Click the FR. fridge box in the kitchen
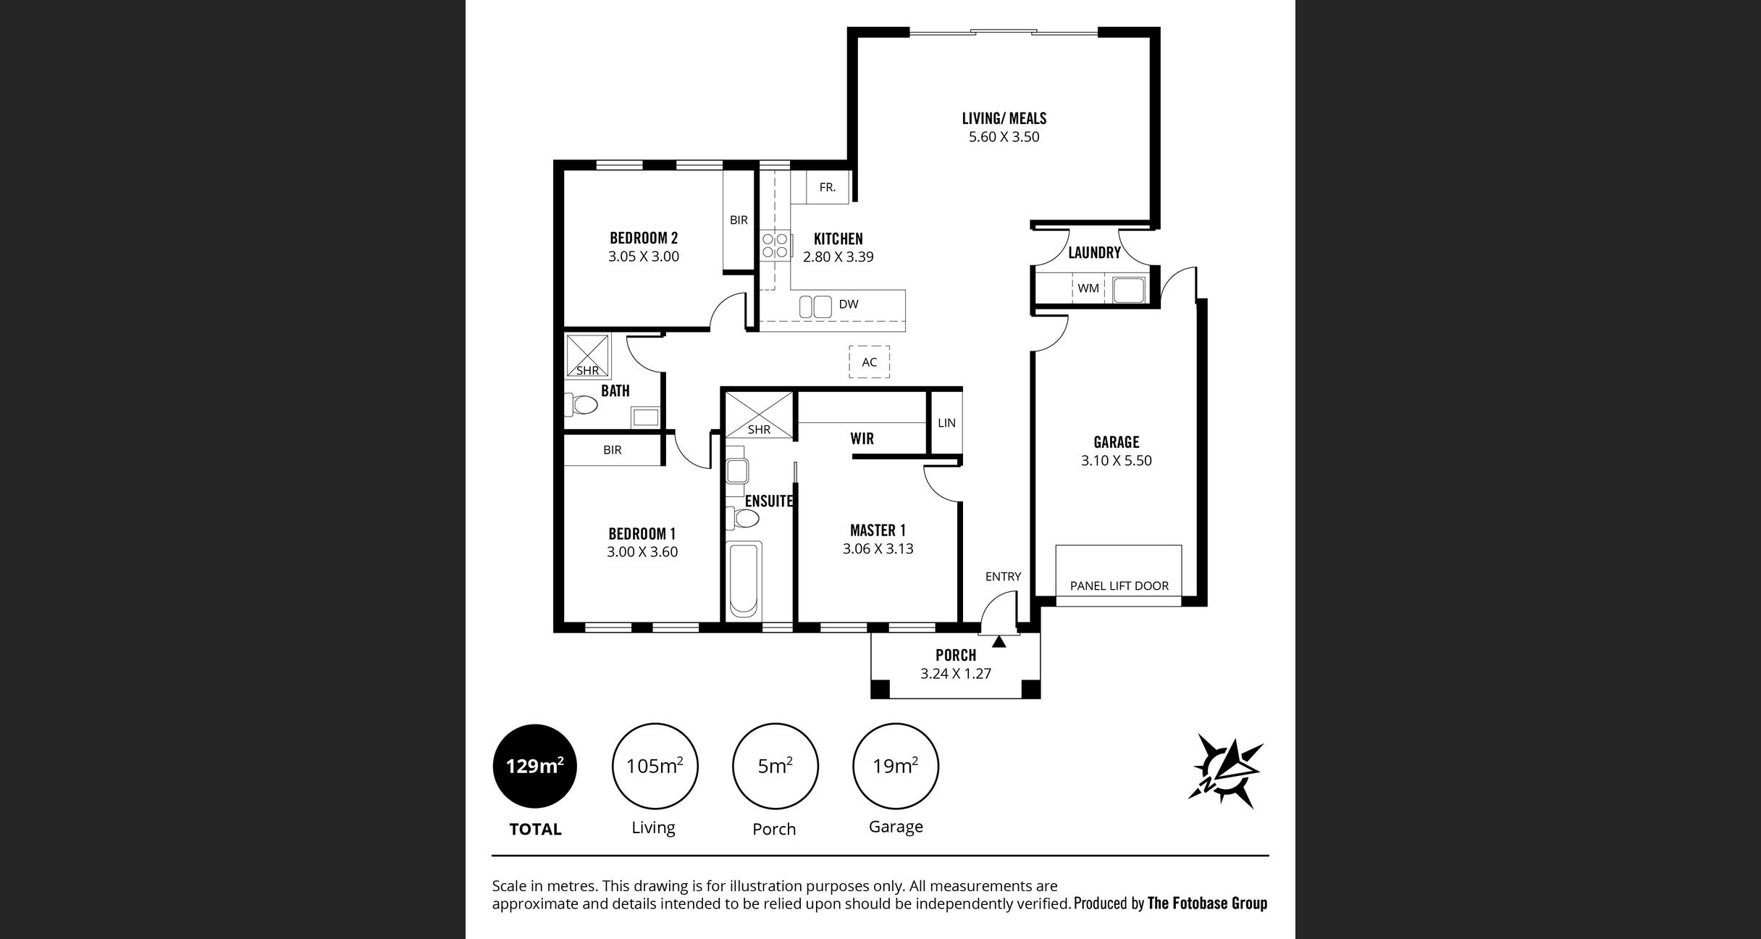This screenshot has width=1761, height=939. point(828,187)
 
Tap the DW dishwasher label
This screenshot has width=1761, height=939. point(849,304)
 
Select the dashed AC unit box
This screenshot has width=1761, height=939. point(869,362)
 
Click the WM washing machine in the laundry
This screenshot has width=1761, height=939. point(1088,288)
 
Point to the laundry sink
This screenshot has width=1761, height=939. point(1128,290)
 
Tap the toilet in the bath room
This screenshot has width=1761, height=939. point(581,404)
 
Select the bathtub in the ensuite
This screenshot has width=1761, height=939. point(744,580)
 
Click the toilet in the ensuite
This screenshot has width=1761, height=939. point(743,518)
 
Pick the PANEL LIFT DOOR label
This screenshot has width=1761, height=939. point(1119,585)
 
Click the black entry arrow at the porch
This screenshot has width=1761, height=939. point(999,641)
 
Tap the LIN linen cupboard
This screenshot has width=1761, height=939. point(946,422)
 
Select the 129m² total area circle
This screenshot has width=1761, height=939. point(535,766)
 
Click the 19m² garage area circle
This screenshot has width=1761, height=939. point(895,766)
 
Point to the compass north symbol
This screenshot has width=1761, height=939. point(1225,770)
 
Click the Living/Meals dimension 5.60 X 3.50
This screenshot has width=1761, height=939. point(1004,137)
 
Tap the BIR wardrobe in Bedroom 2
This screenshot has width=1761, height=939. point(739,220)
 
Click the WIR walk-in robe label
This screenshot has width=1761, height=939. point(862,438)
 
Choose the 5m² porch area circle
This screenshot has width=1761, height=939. point(775,766)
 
